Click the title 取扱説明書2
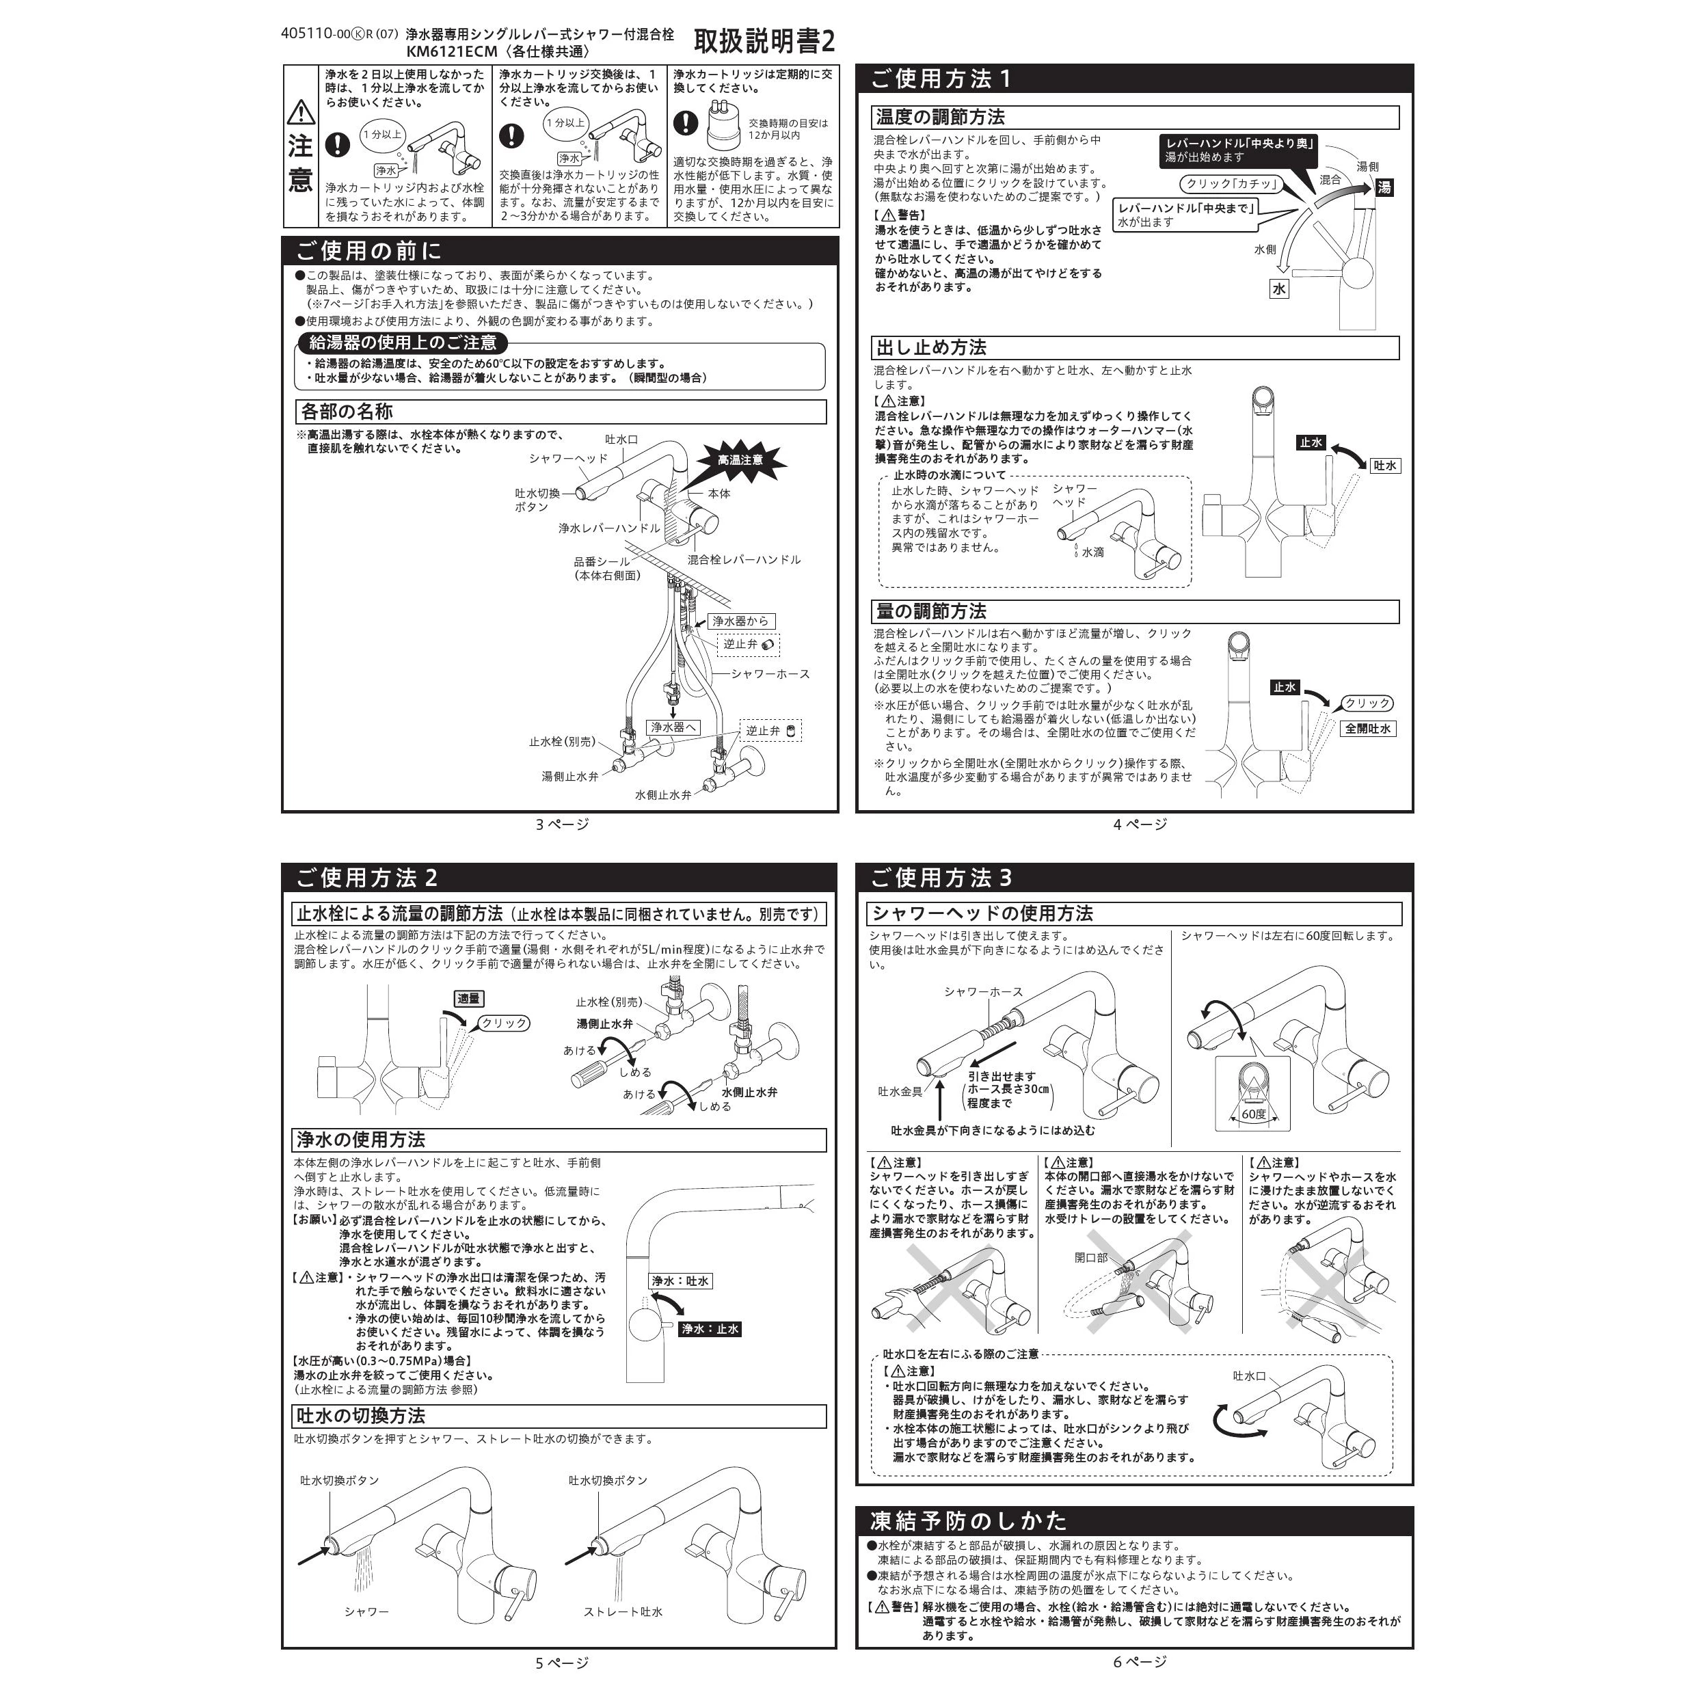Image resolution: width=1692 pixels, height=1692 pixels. point(764,41)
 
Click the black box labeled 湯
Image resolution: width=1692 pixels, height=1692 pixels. point(1384,187)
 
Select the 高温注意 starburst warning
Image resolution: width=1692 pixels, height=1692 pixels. point(740,460)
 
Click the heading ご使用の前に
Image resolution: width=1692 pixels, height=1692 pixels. point(368,252)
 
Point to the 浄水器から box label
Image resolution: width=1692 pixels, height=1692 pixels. point(740,621)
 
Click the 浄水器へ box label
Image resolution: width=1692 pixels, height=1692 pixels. point(673,727)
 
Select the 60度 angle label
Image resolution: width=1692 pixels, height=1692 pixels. point(1253,1114)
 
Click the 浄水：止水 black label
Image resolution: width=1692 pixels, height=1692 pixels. point(710,1328)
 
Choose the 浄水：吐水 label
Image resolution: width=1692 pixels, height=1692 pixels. point(680,1280)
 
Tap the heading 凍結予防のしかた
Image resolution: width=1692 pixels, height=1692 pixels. point(969,1520)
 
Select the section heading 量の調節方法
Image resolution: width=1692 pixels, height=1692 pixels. point(931,611)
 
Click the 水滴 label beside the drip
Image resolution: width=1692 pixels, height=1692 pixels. point(1092,552)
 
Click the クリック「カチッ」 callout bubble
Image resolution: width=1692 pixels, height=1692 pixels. point(1230,184)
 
